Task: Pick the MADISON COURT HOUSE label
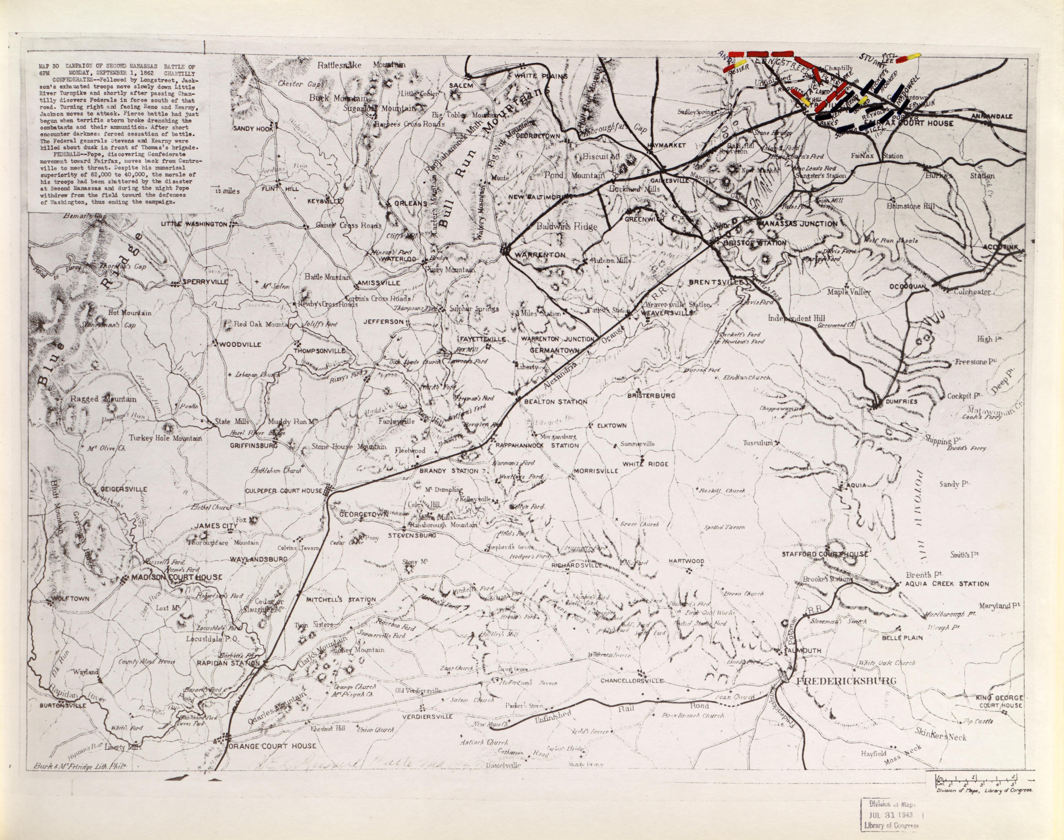coord(176,577)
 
